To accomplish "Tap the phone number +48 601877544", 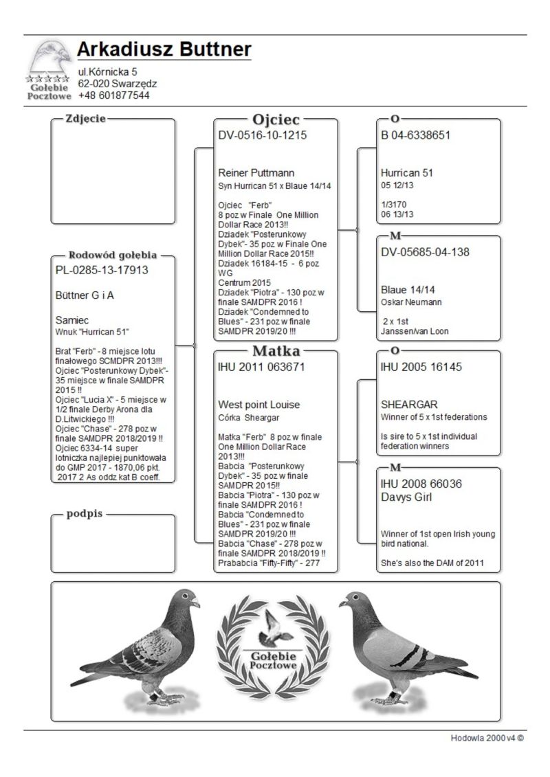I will pos(113,95).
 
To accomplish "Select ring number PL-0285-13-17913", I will pos(102,270).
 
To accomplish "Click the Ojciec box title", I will pos(276,119).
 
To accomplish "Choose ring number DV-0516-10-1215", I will pos(263,135).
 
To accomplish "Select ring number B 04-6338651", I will pos(416,135).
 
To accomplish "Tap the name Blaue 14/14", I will pos(406,289).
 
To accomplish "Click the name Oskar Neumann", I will pos(411,302).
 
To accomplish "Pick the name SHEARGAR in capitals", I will pos(409,405).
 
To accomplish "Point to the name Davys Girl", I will pos(406,497).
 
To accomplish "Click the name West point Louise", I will pos(258,405).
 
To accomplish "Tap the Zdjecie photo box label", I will pos(85,118).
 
